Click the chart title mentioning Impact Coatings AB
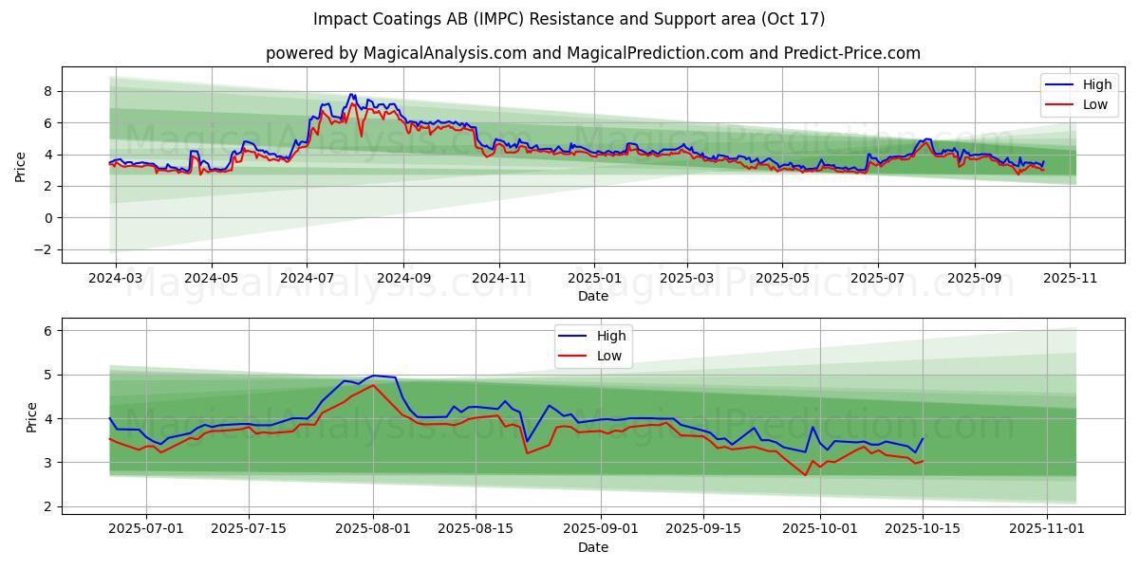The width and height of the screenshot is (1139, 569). pyautogui.click(x=569, y=19)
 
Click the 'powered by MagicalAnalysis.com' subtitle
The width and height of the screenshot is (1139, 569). pyautogui.click(x=593, y=53)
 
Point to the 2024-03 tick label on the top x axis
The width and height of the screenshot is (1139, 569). pyautogui.click(x=116, y=279)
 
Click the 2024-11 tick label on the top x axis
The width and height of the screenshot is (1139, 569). pyautogui.click(x=499, y=279)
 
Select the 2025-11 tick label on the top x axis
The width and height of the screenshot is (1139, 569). pyautogui.click(x=1070, y=279)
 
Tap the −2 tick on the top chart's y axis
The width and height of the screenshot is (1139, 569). pyautogui.click(x=43, y=249)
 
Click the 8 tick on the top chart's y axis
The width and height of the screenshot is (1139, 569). pyautogui.click(x=46, y=91)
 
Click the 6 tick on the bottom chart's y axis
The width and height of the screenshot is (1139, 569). pyautogui.click(x=46, y=331)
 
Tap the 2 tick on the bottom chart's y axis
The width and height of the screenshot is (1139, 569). pyautogui.click(x=46, y=506)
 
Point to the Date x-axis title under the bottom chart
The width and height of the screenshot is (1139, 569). pyautogui.click(x=593, y=547)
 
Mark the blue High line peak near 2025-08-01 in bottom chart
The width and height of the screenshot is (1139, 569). pyautogui.click(x=374, y=376)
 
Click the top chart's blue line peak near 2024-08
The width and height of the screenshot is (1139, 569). pyautogui.click(x=351, y=95)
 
